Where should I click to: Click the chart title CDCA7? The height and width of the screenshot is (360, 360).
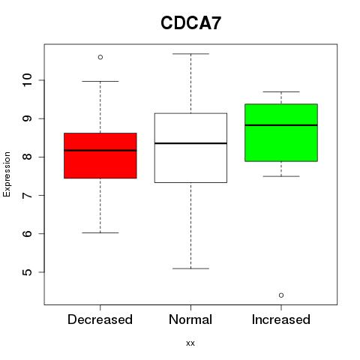click(190, 23)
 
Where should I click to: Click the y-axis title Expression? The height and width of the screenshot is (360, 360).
click(7, 174)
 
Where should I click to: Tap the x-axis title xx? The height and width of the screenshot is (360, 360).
click(190, 343)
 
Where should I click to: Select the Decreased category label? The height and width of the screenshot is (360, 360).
click(100, 319)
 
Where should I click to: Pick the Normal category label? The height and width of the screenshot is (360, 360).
click(190, 319)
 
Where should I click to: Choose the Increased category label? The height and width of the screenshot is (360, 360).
click(281, 319)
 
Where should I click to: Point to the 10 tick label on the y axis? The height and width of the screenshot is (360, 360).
click(27, 80)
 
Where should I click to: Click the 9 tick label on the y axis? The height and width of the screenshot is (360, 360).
click(27, 118)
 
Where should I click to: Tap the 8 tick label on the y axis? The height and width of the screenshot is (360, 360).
click(27, 157)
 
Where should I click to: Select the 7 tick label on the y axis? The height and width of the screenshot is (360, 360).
click(27, 195)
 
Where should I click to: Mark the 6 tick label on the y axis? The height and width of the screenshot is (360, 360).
click(27, 233)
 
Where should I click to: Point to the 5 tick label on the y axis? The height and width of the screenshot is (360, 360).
click(27, 272)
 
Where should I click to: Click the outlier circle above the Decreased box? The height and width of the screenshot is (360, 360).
click(100, 57)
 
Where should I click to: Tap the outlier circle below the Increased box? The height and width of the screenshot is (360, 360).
click(281, 295)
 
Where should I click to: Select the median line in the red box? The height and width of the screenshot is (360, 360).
click(100, 150)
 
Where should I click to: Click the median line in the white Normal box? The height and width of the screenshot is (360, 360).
click(190, 143)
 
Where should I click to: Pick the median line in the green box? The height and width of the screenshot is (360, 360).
click(281, 125)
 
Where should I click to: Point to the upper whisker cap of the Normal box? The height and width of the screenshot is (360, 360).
click(190, 54)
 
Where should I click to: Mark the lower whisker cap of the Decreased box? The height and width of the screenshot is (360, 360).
click(100, 232)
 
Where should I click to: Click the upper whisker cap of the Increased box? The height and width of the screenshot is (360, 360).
click(281, 91)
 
